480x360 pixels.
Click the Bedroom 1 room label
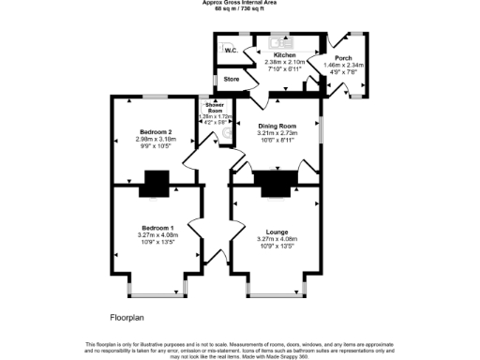[x=157, y=228]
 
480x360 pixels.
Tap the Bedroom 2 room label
[x=155, y=133]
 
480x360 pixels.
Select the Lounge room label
[x=275, y=228]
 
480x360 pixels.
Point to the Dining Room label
[x=277, y=126]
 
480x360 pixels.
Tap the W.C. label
[x=229, y=51]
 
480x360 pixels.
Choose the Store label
[x=232, y=79]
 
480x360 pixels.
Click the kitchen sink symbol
[x=281, y=42]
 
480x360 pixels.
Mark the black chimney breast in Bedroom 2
[x=155, y=186]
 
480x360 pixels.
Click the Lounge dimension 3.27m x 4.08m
[x=275, y=238]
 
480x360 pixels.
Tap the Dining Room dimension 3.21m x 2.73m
[x=277, y=133]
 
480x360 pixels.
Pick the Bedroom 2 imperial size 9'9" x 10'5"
[x=155, y=147]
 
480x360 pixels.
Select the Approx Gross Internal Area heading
[x=239, y=3]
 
